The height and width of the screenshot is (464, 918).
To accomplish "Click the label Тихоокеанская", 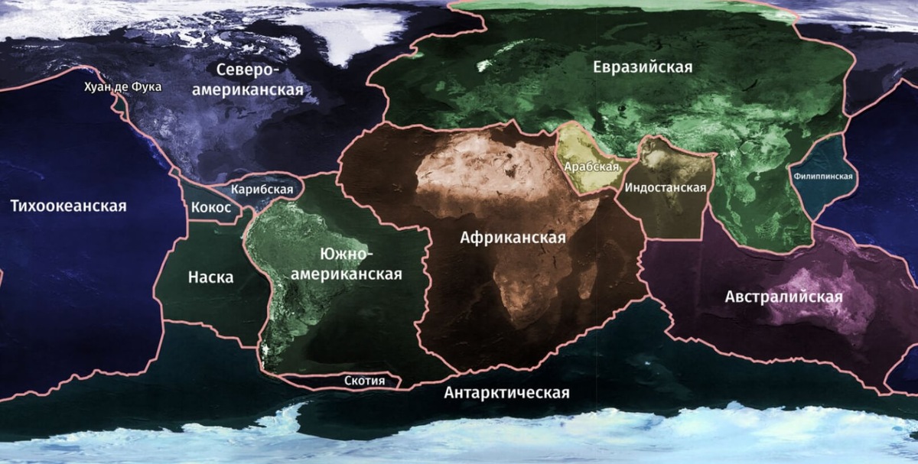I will pos(69,206).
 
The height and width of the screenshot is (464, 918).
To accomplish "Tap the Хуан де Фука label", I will pos(123,87).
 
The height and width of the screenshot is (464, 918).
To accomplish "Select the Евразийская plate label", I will pos(643,67).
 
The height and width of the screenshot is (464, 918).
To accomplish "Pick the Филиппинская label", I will pos(823,176).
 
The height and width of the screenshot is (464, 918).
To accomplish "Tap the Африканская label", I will pos(513,237).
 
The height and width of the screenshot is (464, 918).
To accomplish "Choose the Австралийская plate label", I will pos(783,297).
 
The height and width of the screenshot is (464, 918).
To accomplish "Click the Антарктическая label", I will pos(506,393).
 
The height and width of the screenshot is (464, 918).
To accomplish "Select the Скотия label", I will pos(364,380).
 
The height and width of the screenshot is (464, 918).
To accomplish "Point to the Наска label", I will pos(210,277).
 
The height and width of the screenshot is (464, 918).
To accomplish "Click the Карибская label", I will pos(262,189).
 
